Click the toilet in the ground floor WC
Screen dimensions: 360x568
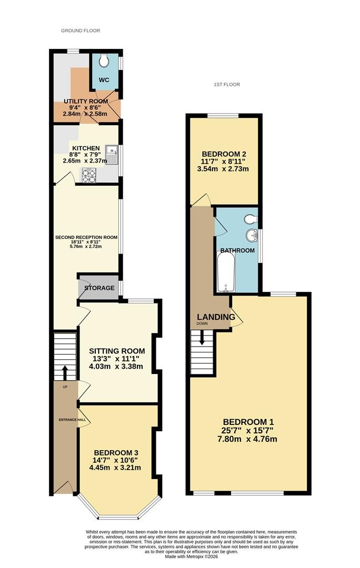click(104, 61)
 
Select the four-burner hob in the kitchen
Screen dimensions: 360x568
click(89, 176)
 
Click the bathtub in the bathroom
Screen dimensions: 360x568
click(226, 272)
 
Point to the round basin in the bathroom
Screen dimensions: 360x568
click(251, 236)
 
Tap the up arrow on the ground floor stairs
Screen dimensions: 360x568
click(65, 372)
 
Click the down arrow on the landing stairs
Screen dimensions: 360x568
click(202, 338)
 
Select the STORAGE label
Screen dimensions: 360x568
click(99, 288)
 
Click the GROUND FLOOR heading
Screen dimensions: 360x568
click(81, 31)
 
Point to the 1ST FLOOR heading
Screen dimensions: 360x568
click(227, 84)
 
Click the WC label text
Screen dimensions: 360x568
click(104, 80)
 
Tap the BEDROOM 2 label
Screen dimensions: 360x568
click(221, 154)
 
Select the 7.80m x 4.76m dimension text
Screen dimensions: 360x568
click(247, 439)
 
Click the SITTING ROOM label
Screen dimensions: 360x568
click(117, 351)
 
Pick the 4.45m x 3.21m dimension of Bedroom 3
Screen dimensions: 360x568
click(115, 468)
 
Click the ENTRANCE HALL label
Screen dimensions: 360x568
click(73, 420)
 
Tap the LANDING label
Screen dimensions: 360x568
click(216, 317)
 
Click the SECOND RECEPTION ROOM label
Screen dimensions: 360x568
click(86, 238)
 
